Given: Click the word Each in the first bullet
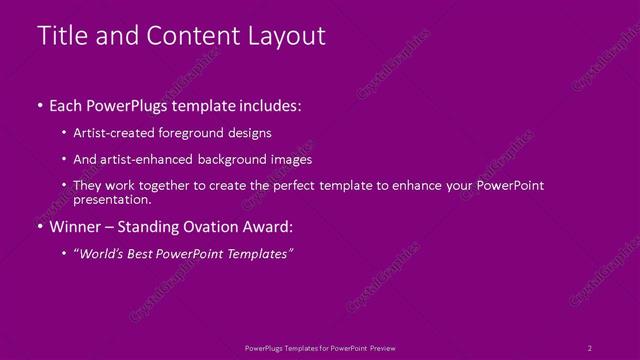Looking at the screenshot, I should pos(67,104).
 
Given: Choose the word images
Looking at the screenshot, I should pos(291,159).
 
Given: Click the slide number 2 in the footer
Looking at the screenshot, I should pos(590,347).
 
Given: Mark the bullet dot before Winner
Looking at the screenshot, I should pos(39,226).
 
